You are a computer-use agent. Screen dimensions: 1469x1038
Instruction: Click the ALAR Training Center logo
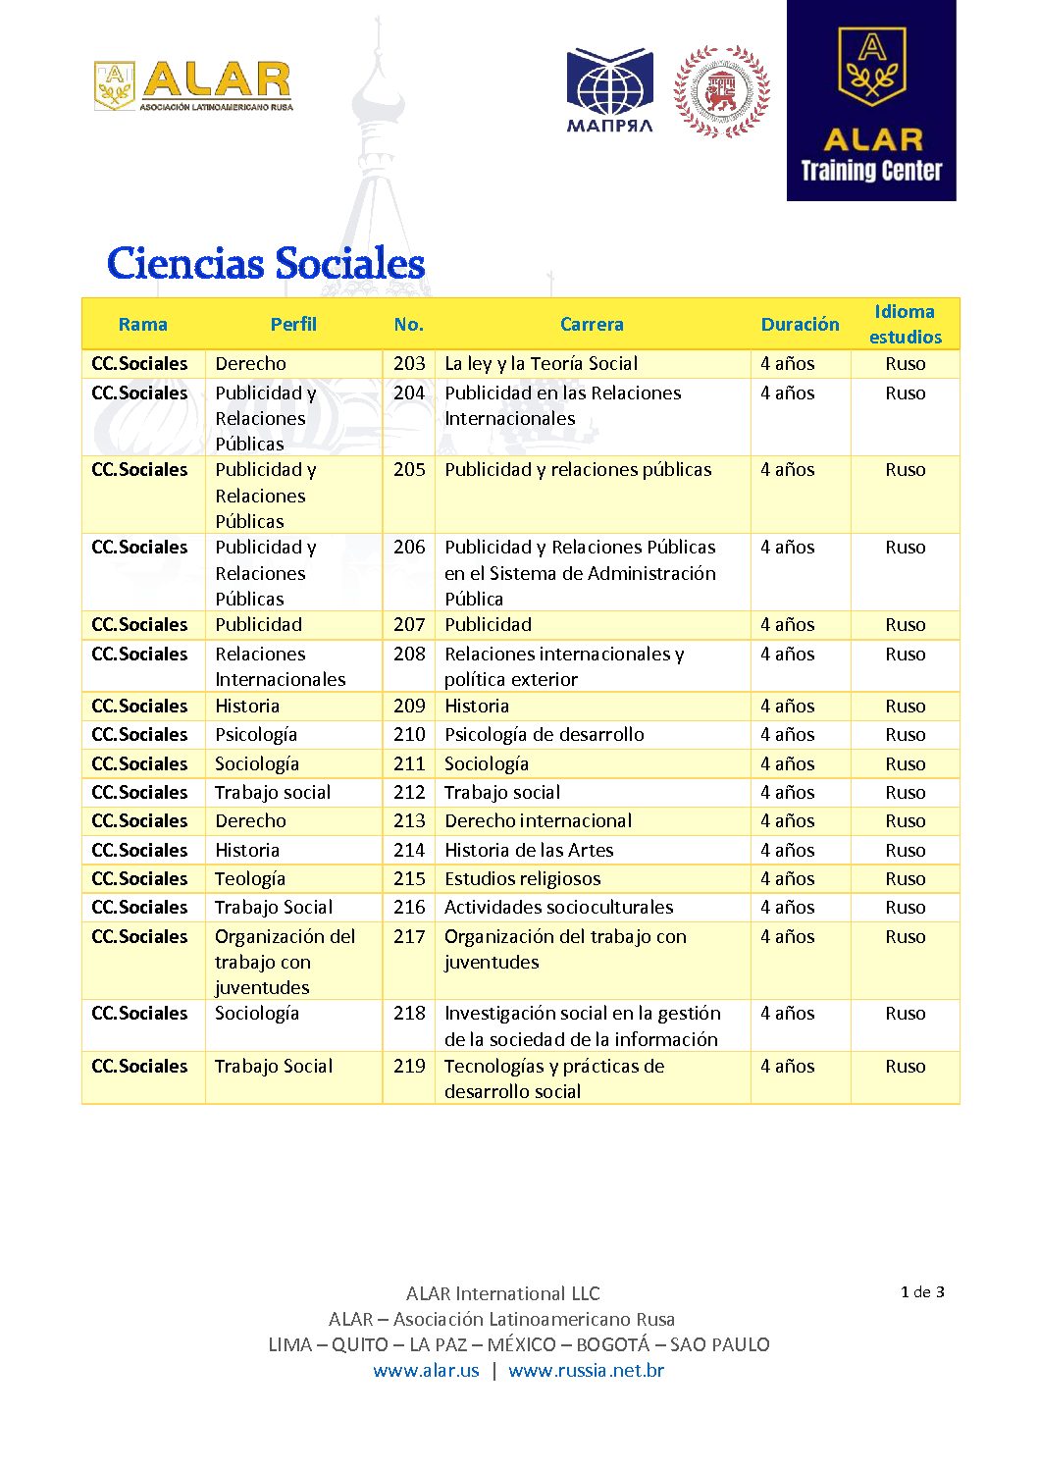[x=871, y=101]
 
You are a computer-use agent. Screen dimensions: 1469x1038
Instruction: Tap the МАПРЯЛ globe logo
[x=609, y=90]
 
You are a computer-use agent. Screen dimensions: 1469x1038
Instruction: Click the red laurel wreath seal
[x=721, y=91]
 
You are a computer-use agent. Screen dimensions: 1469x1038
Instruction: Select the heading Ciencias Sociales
[x=266, y=264]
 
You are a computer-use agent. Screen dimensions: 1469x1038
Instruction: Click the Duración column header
[x=800, y=325]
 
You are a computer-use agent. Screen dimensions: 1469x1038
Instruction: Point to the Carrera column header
[x=592, y=325]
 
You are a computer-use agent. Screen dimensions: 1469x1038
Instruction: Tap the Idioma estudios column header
[x=905, y=325]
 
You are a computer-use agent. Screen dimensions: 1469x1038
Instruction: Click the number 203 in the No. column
[x=409, y=364]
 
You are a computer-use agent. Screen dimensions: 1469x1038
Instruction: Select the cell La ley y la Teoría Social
[x=541, y=364]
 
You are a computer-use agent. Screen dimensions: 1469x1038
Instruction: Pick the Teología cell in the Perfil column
[x=250, y=879]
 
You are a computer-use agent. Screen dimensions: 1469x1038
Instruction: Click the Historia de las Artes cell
[x=529, y=851]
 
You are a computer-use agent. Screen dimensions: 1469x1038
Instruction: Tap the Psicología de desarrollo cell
[x=545, y=735]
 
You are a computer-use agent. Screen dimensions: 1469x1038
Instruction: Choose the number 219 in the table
[x=409, y=1067]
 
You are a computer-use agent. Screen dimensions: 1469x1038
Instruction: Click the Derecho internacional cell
[x=538, y=821]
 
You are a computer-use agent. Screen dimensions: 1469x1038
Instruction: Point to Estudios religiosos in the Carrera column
[x=522, y=879]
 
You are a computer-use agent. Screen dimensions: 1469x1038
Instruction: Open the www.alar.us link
[x=426, y=1371]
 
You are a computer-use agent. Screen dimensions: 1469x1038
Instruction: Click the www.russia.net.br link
[x=586, y=1371]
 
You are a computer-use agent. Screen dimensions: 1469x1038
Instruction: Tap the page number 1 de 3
[x=922, y=1292]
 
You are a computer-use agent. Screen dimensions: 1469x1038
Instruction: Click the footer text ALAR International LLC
[x=502, y=1294]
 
